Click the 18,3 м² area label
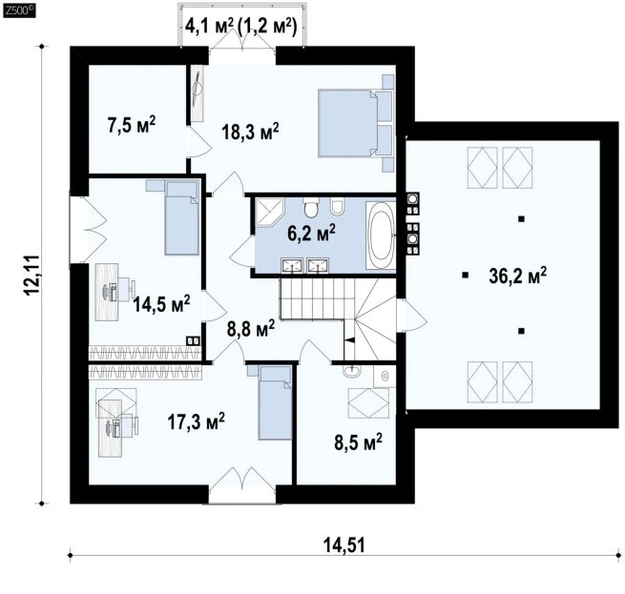(x=250, y=132)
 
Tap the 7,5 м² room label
(x=131, y=124)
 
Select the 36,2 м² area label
(x=518, y=276)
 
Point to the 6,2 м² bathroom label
(x=311, y=233)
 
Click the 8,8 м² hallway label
(x=251, y=328)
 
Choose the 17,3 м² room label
(x=197, y=421)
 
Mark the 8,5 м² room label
(x=359, y=441)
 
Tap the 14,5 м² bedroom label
(x=161, y=304)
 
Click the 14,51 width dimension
(x=344, y=544)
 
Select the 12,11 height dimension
(x=32, y=275)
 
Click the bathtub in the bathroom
(x=381, y=235)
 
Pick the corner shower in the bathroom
(x=269, y=212)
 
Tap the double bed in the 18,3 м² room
(x=356, y=123)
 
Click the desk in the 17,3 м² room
(x=111, y=428)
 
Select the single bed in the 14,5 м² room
(x=181, y=218)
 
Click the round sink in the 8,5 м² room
(x=351, y=371)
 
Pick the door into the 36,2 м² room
(x=413, y=316)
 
